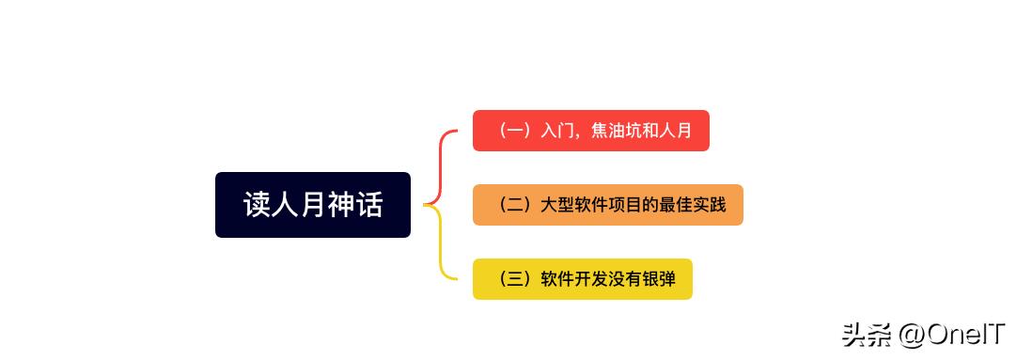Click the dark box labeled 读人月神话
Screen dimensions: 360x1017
[312, 205]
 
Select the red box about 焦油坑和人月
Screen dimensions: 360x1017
[590, 131]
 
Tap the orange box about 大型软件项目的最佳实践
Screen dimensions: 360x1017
[607, 205]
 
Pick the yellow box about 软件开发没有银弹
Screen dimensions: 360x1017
[582, 279]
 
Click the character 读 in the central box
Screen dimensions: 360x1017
[258, 205]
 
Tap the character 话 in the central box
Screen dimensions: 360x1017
[369, 205]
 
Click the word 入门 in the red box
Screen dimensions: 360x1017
[555, 131]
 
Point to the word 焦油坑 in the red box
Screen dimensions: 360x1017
[618, 131]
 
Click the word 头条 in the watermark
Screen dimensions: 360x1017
[865, 335]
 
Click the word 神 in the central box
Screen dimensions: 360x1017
[341, 205]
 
